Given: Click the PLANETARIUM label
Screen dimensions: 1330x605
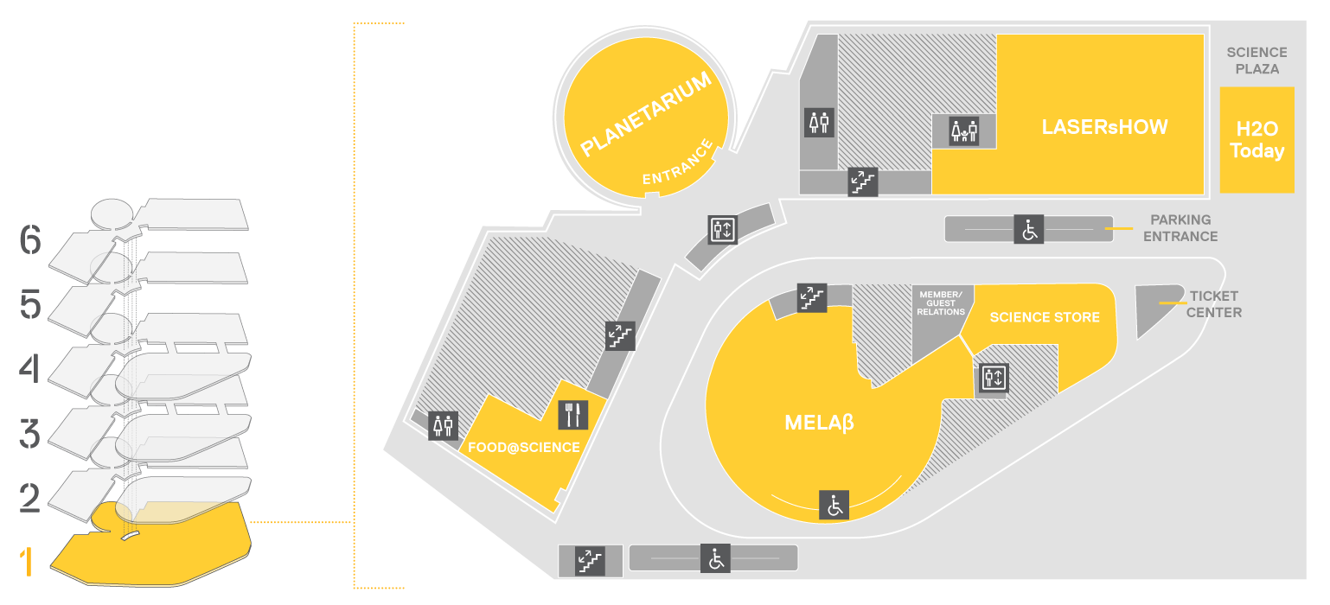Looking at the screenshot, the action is (x=646, y=113).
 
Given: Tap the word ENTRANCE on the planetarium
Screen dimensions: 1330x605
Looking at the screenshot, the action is (x=677, y=162).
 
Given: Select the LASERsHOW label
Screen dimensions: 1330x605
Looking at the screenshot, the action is (x=1104, y=127).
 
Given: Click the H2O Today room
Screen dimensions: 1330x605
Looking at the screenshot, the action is (x=1257, y=140).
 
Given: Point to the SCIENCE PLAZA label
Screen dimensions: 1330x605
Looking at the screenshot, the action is (x=1257, y=60).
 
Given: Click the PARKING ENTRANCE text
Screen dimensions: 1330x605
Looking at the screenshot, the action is (x=1180, y=228).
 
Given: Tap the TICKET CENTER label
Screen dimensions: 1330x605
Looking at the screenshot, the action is (x=1213, y=304).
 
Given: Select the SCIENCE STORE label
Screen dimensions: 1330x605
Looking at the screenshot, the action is (x=1045, y=317).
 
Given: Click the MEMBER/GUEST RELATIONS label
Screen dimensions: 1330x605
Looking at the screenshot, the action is (x=941, y=303).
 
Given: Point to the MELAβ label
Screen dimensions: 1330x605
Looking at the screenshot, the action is (x=819, y=423).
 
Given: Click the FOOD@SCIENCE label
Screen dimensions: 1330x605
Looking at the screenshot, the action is (x=524, y=447).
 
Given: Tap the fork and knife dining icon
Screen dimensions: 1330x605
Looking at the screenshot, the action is (x=573, y=415).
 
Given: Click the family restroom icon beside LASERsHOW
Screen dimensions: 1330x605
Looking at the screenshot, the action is (x=963, y=131).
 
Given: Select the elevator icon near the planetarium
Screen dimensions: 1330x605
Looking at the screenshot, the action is (x=723, y=230).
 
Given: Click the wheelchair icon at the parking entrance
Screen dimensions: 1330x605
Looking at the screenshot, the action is (x=1029, y=229).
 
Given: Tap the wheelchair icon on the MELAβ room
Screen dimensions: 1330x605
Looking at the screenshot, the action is (x=834, y=506).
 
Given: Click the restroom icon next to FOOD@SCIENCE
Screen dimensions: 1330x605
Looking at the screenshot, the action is (x=443, y=425).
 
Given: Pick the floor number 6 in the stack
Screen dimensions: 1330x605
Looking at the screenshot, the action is (x=30, y=239).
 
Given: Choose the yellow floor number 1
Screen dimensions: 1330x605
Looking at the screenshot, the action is (x=26, y=562).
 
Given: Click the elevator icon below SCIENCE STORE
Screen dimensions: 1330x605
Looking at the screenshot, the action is (x=994, y=378).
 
